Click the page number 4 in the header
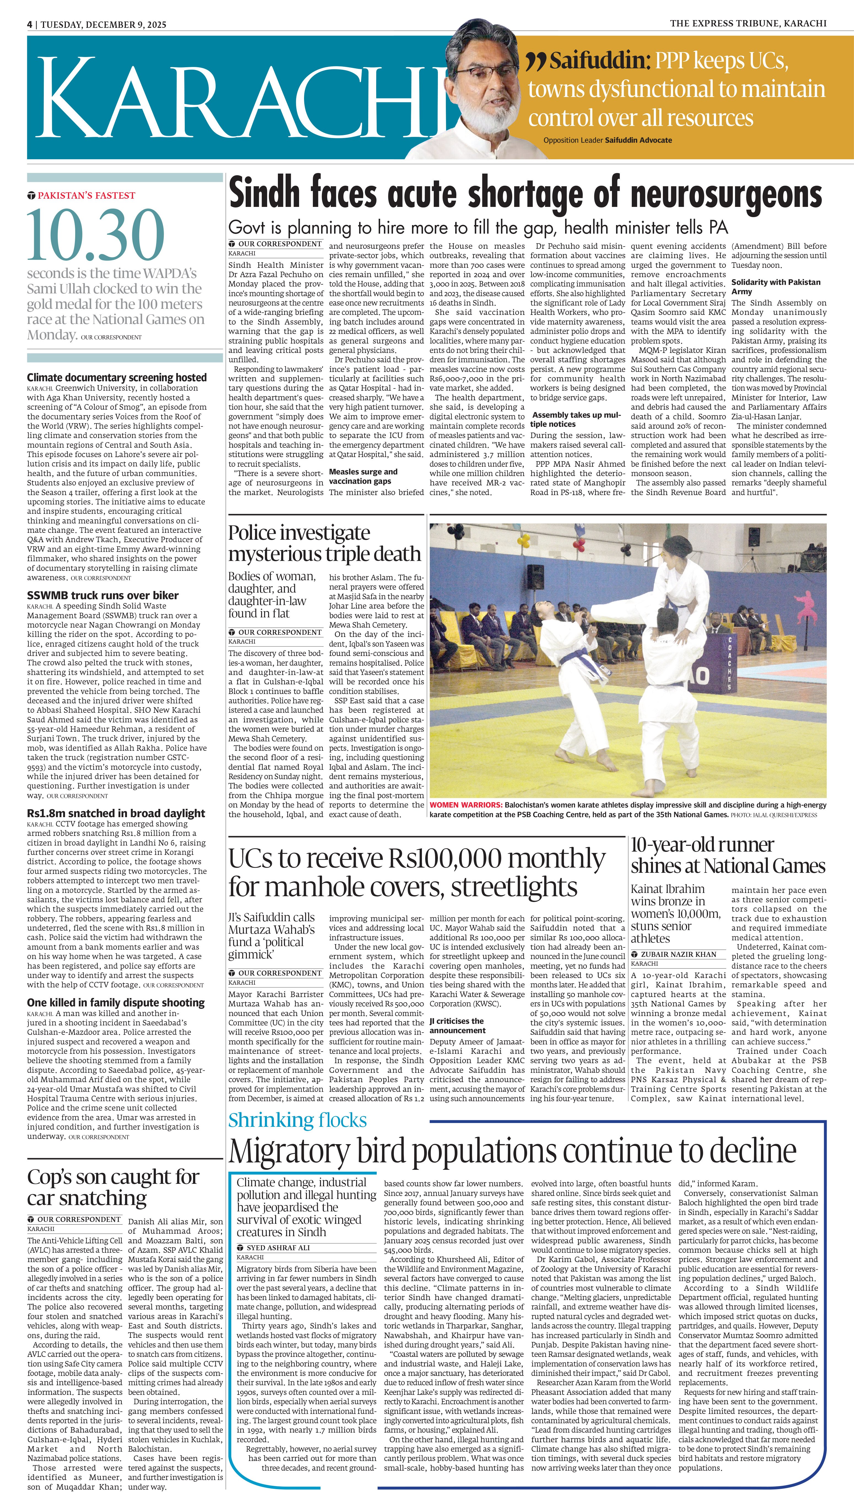pos(29,25)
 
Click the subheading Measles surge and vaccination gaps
pos(363,476)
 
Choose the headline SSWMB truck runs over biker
pos(103,595)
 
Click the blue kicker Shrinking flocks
pos(297,1120)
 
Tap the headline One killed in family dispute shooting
pos(116,1003)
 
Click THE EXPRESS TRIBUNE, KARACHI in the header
pos(748,23)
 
